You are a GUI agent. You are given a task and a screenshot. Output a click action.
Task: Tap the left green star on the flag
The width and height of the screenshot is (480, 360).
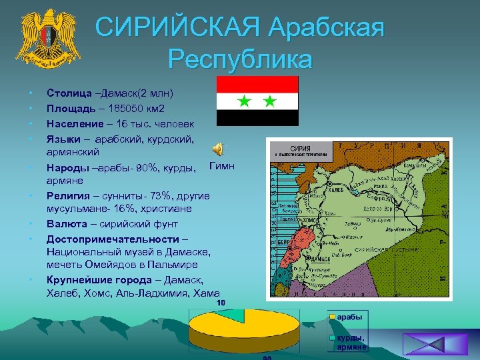point(245,101)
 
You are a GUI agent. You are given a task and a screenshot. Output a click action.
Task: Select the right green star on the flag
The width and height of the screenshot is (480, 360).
point(269,101)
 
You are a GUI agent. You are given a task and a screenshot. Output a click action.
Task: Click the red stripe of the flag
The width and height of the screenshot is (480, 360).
point(257,84)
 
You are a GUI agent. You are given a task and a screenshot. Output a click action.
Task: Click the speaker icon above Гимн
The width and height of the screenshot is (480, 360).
point(218,149)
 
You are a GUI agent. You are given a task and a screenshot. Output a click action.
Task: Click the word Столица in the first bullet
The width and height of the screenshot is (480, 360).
point(66,92)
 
